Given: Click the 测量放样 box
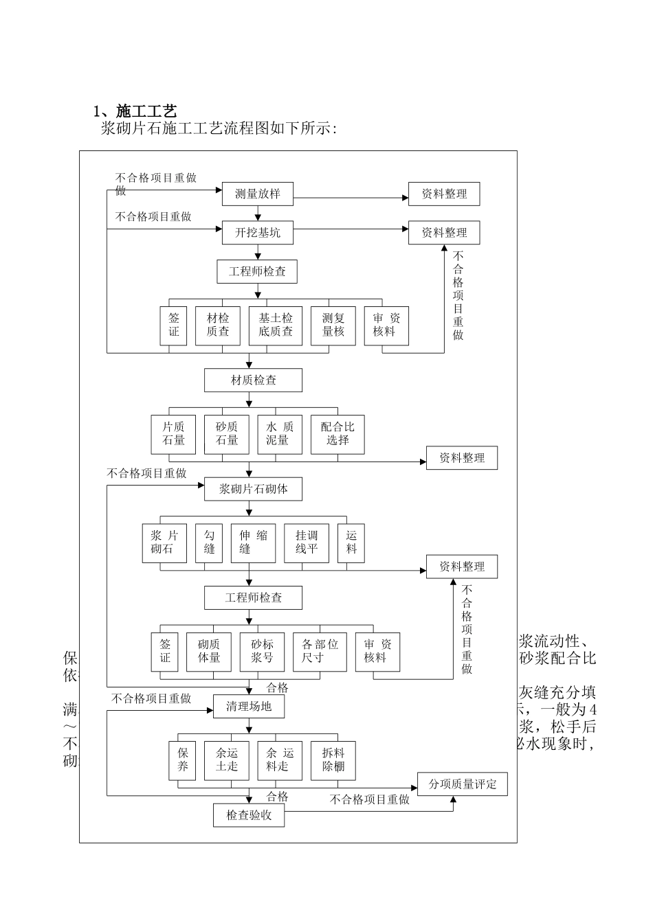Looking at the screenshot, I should (257, 194).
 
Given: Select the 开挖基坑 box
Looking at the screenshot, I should (257, 232).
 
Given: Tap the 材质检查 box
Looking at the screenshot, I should (253, 380).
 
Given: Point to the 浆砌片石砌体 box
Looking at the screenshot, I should (253, 489).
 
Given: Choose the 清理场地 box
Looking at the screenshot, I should (248, 706).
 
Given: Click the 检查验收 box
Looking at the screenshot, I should (248, 815).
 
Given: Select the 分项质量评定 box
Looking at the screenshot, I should (462, 784).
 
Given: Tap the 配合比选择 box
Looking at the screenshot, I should (337, 434).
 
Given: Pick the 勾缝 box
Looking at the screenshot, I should (209, 543).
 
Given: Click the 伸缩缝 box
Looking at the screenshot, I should (253, 543).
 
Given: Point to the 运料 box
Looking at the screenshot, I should (351, 543).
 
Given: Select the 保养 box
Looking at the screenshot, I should (182, 760).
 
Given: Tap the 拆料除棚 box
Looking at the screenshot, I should (333, 760).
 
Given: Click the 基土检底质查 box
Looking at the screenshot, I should (275, 326).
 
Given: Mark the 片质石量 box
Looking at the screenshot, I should (173, 434).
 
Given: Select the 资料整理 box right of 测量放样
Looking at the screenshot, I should (443, 194).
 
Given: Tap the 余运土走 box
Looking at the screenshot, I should (226, 760).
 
